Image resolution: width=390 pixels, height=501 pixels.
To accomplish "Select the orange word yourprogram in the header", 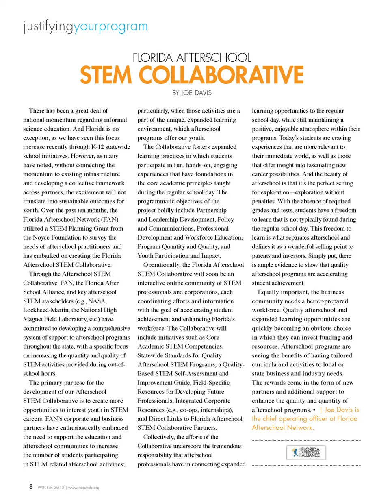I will coord(110,26).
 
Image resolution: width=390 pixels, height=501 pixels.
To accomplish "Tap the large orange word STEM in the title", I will coord(106,75).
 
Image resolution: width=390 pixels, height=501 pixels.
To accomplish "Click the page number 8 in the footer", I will coord(30,487).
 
